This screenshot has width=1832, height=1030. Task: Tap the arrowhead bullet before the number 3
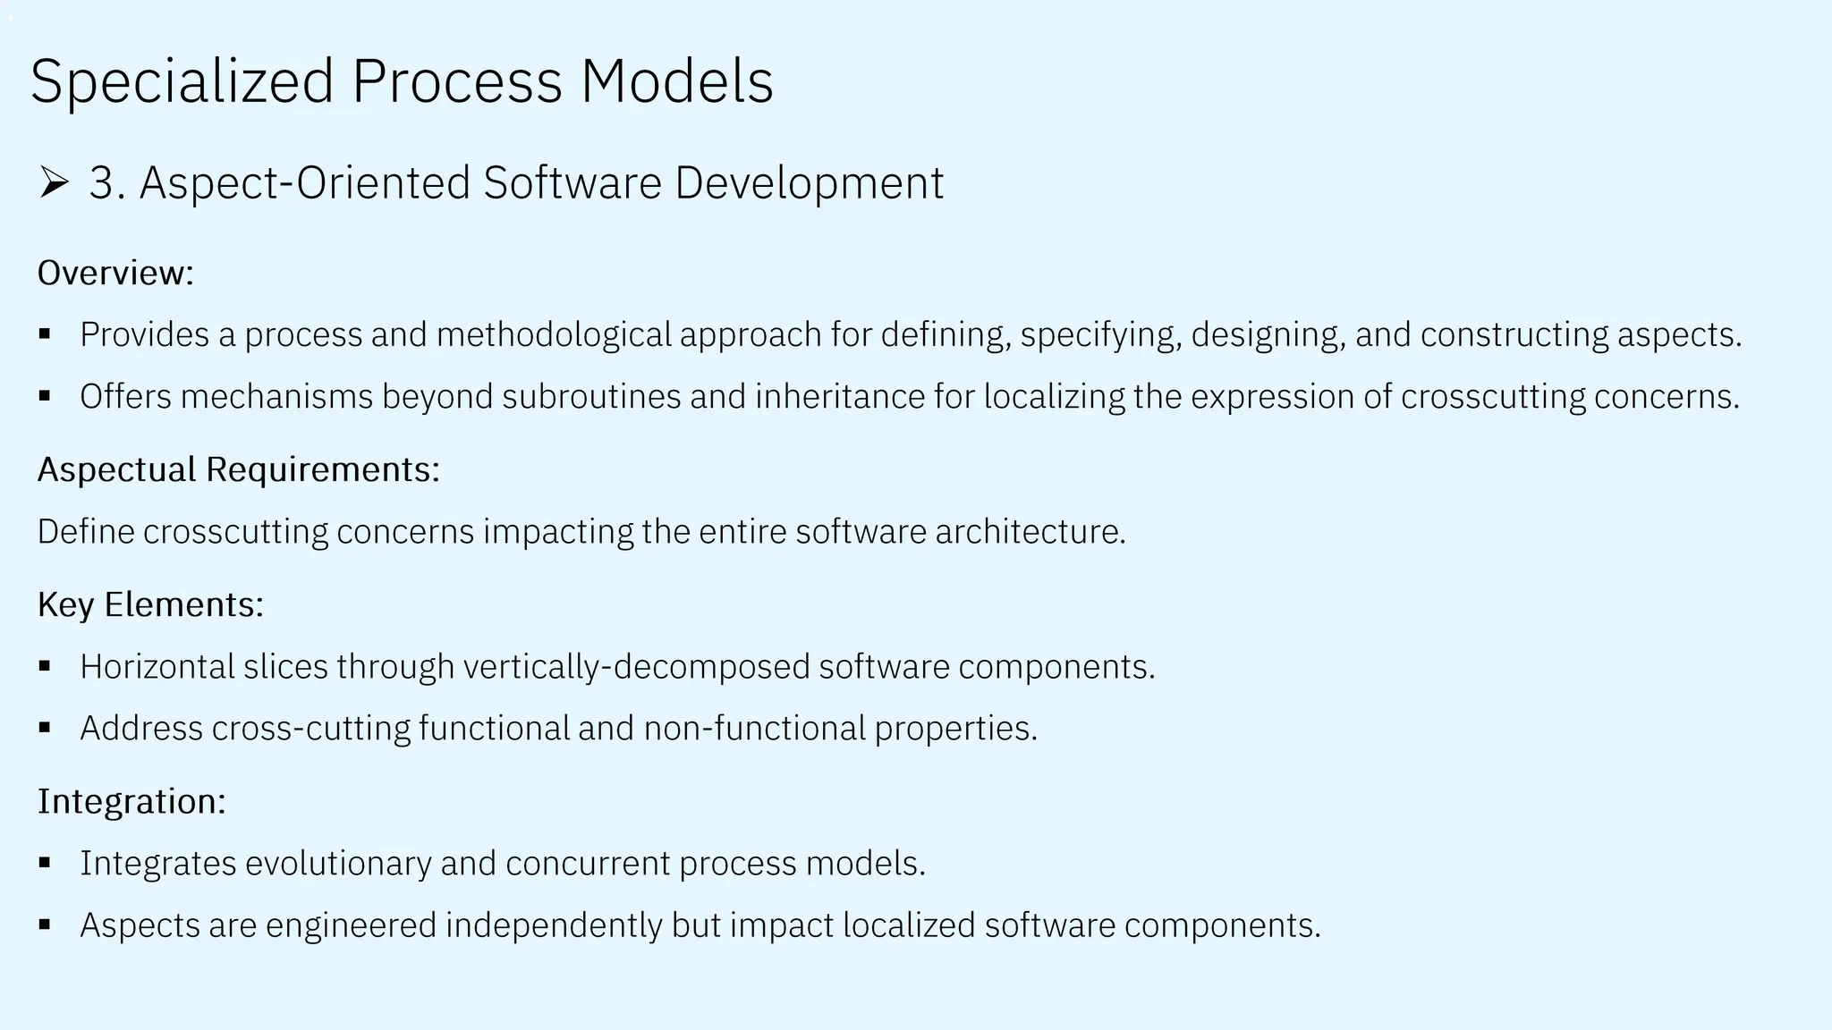pos(54,182)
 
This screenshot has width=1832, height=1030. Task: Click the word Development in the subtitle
pos(809,183)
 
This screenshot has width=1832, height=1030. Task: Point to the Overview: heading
pos(115,273)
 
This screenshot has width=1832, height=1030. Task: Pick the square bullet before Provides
pos(45,334)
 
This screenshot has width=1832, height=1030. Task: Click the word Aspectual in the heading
pos(116,469)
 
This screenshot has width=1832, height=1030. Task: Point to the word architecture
pos(1030,532)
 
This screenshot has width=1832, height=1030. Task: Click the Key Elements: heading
pos(150,605)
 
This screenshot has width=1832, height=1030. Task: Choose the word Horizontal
pos(157,667)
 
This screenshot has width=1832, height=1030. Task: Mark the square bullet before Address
pos(45,728)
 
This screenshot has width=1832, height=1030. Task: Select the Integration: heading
pos(131,801)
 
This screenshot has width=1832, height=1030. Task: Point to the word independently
pos(553,925)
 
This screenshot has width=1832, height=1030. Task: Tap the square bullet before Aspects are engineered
pos(45,924)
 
